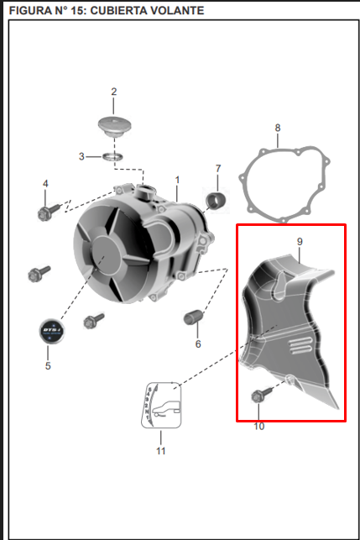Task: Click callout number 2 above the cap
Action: coord(114,92)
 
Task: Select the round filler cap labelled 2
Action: coord(115,126)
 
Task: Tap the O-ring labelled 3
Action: coord(113,157)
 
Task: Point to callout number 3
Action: coord(81,156)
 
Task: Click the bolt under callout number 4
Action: coord(50,212)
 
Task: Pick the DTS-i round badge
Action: coord(52,331)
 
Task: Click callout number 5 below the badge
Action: coord(48,366)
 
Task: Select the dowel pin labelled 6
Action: coord(193,317)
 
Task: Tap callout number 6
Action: coord(198,343)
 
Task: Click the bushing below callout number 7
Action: coord(216,201)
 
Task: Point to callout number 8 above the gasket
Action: coord(278,128)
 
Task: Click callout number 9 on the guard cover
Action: coord(300,242)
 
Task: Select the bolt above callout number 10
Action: coord(261,395)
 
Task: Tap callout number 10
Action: coord(259,427)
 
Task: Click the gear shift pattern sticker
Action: coord(161,405)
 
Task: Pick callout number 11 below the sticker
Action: coord(161,451)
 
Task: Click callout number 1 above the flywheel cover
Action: coord(177,180)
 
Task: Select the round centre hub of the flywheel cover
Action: coord(106,254)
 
